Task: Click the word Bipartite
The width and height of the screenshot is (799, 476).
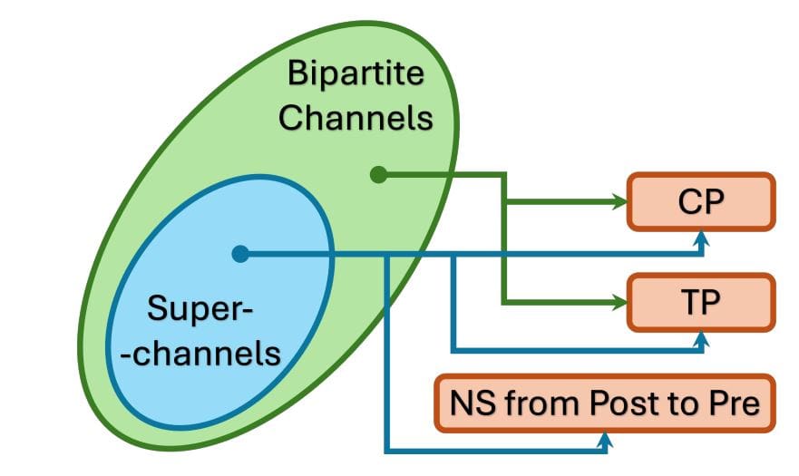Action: [x=355, y=74]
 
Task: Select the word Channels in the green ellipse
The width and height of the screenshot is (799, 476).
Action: [x=355, y=118]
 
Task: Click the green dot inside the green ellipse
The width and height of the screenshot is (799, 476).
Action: [x=379, y=175]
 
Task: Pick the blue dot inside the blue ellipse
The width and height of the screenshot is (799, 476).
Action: [x=239, y=255]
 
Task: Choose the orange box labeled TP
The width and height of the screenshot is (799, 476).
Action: [x=701, y=300]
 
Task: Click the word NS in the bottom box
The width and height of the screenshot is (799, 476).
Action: [x=466, y=403]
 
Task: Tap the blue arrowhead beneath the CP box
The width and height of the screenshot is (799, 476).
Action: [x=700, y=239]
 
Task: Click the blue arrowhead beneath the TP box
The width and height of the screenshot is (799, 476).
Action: [x=700, y=337]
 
